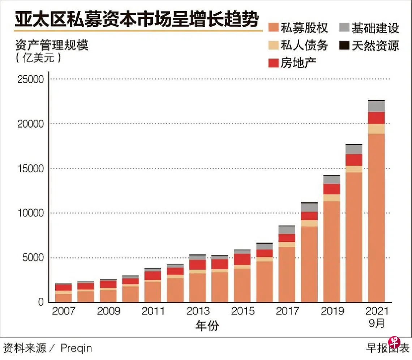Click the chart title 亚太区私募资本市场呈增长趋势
point(137,21)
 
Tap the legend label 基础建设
point(375,28)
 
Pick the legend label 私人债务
point(304,45)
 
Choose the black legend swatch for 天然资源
point(345,45)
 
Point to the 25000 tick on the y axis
point(30,79)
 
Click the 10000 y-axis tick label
point(30,213)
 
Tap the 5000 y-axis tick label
point(33,258)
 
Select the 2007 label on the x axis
point(64,311)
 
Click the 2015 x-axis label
point(243,311)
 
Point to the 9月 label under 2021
point(377,323)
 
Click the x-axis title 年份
point(207,326)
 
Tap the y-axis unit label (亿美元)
point(38,58)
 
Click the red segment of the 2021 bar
point(376,118)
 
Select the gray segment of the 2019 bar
point(331,180)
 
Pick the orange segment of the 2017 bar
point(287,275)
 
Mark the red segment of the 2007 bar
point(64,287)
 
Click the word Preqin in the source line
point(76,348)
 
